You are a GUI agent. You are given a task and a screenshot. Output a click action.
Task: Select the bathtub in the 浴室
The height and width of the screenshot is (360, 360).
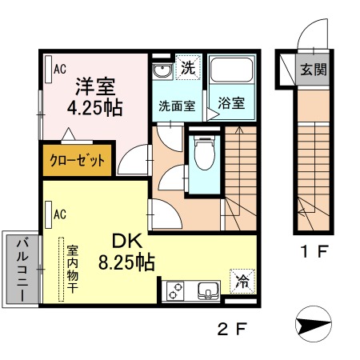pos(231,69)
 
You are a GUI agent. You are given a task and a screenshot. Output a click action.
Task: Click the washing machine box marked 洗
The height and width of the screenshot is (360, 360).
pos(188,67)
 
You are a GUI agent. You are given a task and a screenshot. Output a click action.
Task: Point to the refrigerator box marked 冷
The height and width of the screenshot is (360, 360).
pos(242,282)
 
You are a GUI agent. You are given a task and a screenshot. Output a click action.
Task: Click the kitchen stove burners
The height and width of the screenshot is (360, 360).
pos(175,290)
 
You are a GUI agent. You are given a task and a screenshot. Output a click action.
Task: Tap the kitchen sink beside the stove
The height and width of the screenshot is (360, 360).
pos(208,290)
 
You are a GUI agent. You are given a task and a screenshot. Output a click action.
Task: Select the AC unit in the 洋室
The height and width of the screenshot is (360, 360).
pos(48,69)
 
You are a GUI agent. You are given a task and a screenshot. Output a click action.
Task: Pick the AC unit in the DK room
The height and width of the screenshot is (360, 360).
pos(48,214)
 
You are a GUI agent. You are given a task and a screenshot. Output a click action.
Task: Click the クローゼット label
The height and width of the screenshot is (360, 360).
pos(78,161)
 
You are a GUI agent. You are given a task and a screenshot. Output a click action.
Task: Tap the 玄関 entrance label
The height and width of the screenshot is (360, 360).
pos(314,70)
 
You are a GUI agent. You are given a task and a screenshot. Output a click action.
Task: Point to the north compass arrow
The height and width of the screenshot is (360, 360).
pos(314,324)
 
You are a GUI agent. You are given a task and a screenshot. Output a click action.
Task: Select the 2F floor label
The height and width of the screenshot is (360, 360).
pos(232,329)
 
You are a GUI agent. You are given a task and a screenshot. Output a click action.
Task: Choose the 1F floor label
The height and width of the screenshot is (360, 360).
pos(314,251)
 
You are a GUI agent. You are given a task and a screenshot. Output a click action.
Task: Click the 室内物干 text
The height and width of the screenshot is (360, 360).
pos(72,270)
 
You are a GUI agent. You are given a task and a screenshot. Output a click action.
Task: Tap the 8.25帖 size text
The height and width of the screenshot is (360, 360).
pos(126,262)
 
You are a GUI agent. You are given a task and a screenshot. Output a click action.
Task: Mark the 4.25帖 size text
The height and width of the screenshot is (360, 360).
pos(94,108)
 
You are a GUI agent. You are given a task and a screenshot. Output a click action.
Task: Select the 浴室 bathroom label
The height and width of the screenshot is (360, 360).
pos(231,103)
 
